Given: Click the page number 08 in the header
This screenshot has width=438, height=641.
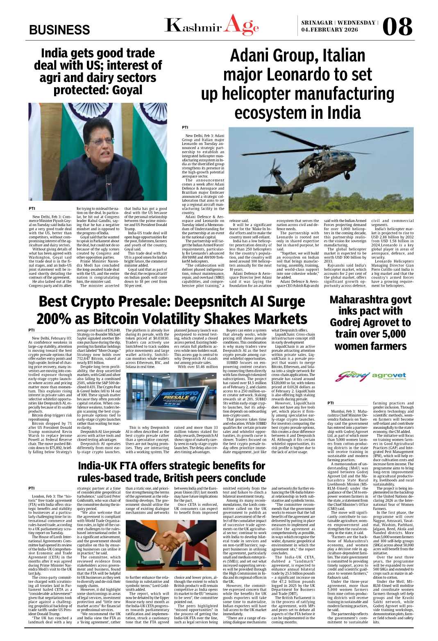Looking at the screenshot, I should tap(397, 27).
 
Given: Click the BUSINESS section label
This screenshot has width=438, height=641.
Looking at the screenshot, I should tap(59, 30).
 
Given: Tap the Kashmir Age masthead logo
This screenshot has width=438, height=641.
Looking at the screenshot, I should tap(211, 25).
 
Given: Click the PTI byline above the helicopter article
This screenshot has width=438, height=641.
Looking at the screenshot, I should tap(185, 127).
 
